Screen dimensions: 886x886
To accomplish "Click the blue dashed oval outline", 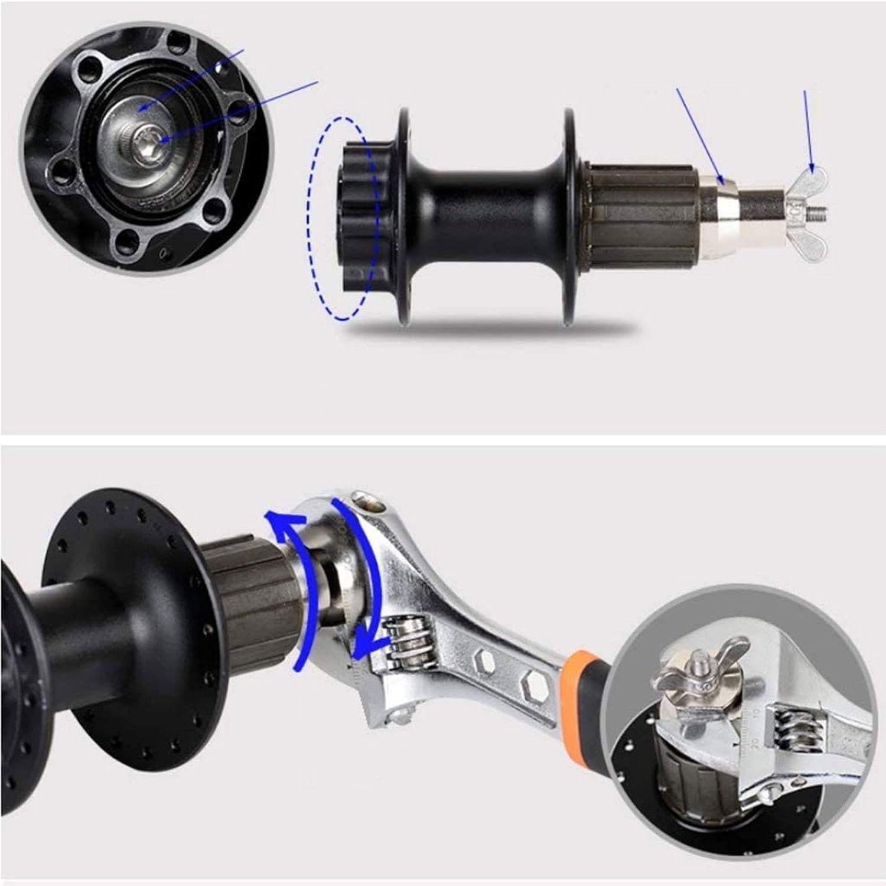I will [310, 219].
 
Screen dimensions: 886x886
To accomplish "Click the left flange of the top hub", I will [404, 216].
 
